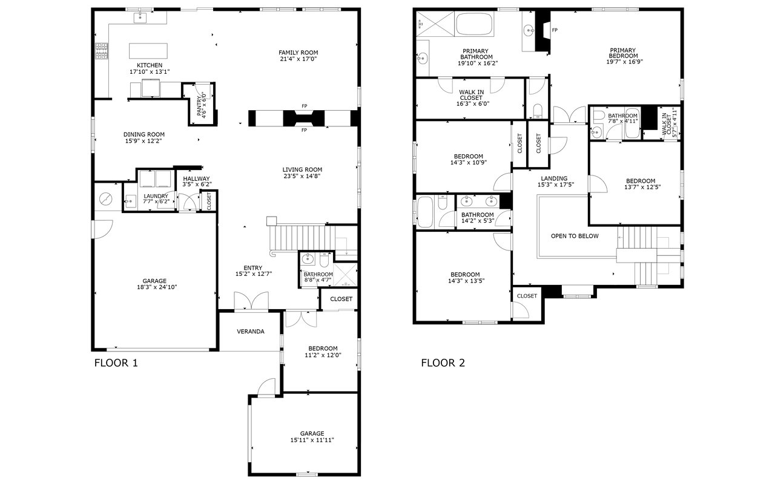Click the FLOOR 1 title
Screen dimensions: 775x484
116,363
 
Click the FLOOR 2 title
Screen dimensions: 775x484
443,363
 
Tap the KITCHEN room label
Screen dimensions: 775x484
150,65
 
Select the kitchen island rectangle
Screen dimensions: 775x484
148,51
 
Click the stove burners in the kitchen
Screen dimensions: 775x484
102,51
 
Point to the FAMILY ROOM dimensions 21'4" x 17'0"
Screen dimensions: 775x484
298,59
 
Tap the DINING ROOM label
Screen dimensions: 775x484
144,134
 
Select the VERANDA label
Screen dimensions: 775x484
251,332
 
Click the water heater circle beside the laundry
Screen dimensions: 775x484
106,199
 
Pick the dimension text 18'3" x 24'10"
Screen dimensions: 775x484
157,287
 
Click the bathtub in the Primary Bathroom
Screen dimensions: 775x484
475,24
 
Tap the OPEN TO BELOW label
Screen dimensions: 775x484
575,236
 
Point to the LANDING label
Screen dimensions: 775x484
554,178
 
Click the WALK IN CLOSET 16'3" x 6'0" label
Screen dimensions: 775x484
471,98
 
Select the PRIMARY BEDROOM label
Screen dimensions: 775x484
623,53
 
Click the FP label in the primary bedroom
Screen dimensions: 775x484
555,30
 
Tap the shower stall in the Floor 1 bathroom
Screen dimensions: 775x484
345,275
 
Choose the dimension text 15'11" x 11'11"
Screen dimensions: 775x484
312,440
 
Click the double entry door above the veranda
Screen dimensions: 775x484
251,301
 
